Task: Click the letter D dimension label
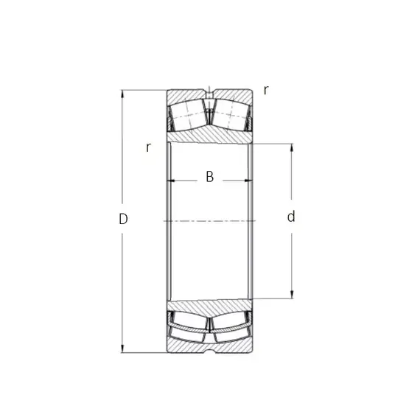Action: tap(123, 219)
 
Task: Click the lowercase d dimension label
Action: tap(291, 217)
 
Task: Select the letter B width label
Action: tap(210, 177)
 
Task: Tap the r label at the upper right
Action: tap(266, 91)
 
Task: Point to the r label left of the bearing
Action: tap(148, 147)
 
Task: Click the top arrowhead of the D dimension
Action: tap(122, 94)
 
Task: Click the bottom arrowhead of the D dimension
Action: tap(122, 349)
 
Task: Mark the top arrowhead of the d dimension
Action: tap(292, 147)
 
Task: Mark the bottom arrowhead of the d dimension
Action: tap(292, 295)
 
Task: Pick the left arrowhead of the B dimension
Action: tap(170, 181)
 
